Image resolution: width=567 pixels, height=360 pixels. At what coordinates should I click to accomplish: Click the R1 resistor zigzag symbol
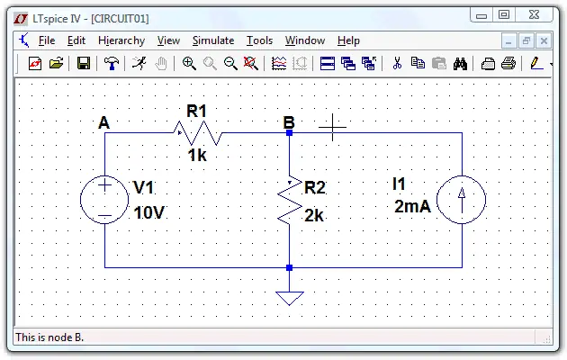tap(198, 133)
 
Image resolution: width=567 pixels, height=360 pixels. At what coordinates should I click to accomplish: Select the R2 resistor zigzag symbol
tap(290, 201)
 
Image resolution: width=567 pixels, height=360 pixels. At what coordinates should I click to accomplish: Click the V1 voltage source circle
tap(104, 200)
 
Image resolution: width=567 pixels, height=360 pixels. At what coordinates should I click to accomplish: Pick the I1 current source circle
tap(462, 200)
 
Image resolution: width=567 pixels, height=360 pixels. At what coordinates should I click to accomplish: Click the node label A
tap(103, 123)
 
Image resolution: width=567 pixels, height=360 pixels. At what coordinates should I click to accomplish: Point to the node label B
tap(289, 122)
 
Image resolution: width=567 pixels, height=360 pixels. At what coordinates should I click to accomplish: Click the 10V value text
tap(149, 212)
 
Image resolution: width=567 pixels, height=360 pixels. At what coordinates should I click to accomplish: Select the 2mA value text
tap(412, 206)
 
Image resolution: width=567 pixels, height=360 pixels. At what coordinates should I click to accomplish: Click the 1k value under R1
tap(197, 156)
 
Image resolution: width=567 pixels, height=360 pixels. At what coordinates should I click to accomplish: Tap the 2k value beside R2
tap(314, 215)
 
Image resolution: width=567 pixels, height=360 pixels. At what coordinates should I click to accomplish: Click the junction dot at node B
tap(289, 133)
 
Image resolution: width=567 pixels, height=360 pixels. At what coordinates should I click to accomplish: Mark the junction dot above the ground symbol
tap(289, 268)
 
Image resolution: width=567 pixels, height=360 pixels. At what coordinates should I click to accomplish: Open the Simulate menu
tap(213, 40)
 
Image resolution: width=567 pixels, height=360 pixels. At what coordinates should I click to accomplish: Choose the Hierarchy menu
tap(121, 40)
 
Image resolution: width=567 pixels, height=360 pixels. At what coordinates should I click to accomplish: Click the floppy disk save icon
tap(84, 64)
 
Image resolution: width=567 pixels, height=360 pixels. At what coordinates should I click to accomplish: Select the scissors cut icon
tap(397, 63)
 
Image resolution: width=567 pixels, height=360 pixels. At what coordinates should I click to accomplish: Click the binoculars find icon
tap(460, 64)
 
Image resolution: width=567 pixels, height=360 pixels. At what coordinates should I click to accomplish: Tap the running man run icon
tap(139, 63)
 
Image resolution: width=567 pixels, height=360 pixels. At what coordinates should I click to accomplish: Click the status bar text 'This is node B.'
tap(49, 337)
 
